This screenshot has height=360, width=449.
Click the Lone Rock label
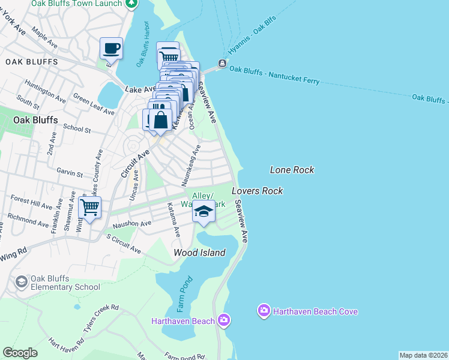(292, 170)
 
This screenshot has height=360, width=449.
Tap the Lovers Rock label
(257, 191)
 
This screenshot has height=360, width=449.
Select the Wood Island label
(199, 253)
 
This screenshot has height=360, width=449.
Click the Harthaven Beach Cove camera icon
(264, 311)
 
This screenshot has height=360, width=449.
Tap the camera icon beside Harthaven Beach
(224, 320)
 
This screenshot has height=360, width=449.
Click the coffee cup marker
(111, 47)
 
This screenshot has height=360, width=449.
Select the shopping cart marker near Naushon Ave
(89, 208)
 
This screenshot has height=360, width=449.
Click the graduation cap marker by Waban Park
(203, 212)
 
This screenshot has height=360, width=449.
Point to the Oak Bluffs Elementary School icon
(21, 282)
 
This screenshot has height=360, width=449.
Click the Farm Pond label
(184, 294)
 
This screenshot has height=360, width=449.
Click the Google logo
(20, 353)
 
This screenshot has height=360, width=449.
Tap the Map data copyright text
(423, 355)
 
